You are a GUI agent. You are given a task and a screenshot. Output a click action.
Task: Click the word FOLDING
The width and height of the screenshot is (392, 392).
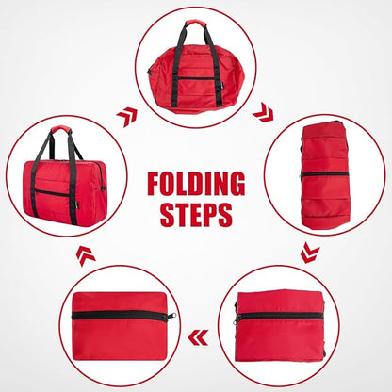pyautogui.click(x=196, y=184)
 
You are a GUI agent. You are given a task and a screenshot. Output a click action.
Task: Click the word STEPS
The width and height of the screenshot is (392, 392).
pyautogui.click(x=196, y=214)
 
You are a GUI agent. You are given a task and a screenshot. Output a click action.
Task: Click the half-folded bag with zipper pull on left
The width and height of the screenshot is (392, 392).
pyautogui.click(x=280, y=326)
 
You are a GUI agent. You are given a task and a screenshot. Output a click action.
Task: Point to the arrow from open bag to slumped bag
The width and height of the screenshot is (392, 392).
pyautogui.click(x=126, y=116)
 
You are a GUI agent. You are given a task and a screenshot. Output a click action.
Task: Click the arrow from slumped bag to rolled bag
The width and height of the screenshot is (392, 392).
pyautogui.click(x=263, y=113)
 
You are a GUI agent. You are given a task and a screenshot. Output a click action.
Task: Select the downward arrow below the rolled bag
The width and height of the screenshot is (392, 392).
pyautogui.click(x=308, y=252)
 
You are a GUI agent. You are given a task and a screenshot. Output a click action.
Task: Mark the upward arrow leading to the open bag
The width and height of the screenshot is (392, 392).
pyautogui.click(x=84, y=254)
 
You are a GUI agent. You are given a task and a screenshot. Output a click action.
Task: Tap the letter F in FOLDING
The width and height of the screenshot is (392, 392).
pyautogui.click(x=155, y=184)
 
